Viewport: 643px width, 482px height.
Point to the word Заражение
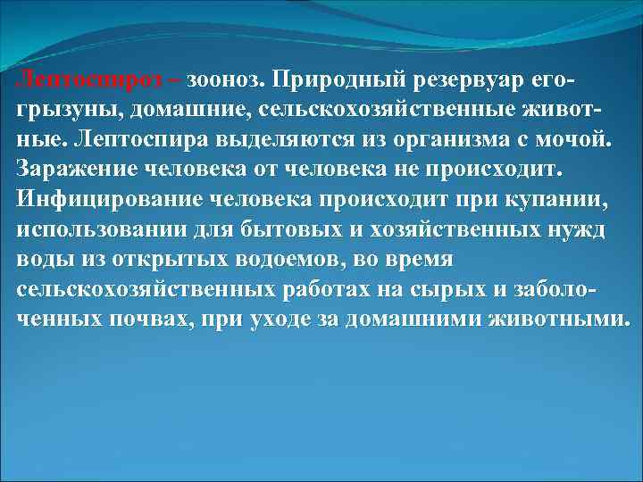75,170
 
